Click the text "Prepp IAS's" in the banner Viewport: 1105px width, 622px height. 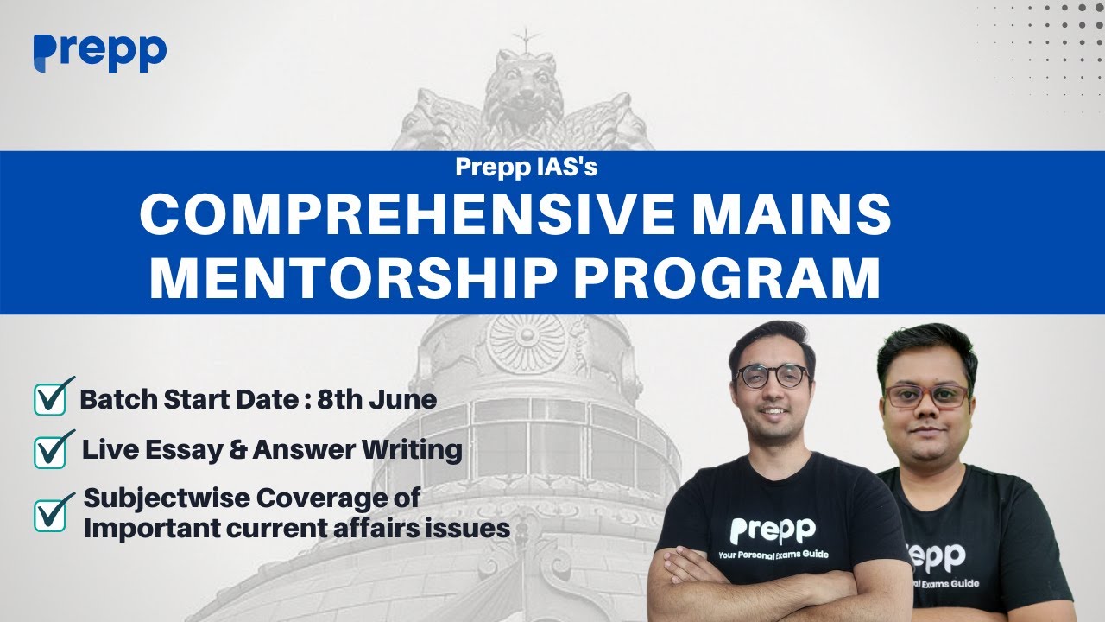(x=527, y=168)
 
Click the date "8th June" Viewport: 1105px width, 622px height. (x=376, y=400)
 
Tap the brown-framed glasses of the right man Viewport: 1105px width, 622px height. (x=926, y=397)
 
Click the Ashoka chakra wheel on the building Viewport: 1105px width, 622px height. (x=526, y=341)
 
